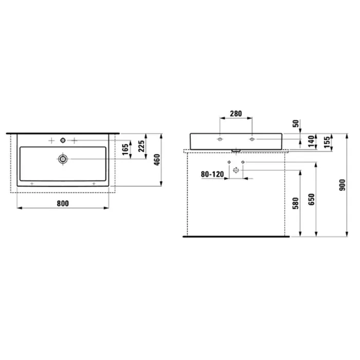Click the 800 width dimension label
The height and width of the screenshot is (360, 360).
coord(63,204)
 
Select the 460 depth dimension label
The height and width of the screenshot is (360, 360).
coord(157,160)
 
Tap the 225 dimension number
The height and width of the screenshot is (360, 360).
coord(141,146)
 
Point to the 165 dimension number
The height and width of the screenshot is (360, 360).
coord(125,150)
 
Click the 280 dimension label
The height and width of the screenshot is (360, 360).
coord(236,114)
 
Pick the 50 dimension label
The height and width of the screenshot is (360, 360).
coord(296,123)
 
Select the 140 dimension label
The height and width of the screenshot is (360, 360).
coord(311,141)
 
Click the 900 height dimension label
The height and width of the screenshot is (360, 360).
coord(342,185)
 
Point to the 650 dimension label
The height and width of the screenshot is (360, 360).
coord(311,200)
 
